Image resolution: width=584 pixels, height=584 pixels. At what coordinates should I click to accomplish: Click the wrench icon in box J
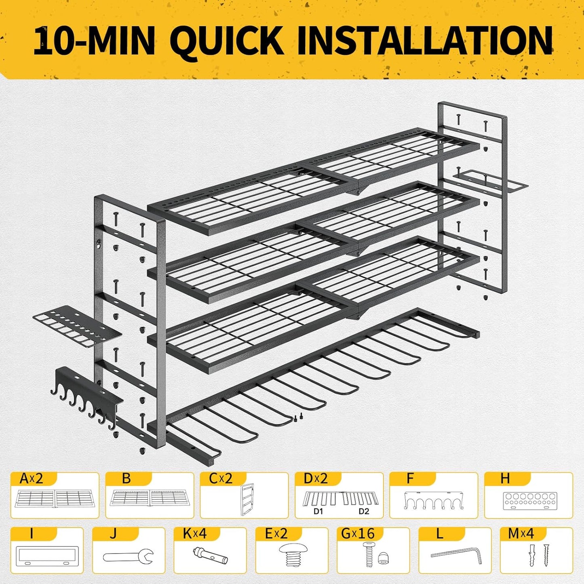129,557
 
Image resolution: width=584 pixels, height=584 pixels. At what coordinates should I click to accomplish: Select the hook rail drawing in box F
434,500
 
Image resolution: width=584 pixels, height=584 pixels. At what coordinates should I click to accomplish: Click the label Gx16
358,533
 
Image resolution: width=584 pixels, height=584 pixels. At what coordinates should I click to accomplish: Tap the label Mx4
521,533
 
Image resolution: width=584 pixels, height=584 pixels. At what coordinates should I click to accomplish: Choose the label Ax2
31,479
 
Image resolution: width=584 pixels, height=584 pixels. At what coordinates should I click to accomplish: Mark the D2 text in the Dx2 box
364,511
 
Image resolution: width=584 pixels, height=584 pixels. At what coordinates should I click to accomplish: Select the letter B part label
126,479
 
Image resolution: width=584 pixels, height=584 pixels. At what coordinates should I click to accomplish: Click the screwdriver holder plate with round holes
77,329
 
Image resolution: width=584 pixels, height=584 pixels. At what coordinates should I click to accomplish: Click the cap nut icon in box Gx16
383,558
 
